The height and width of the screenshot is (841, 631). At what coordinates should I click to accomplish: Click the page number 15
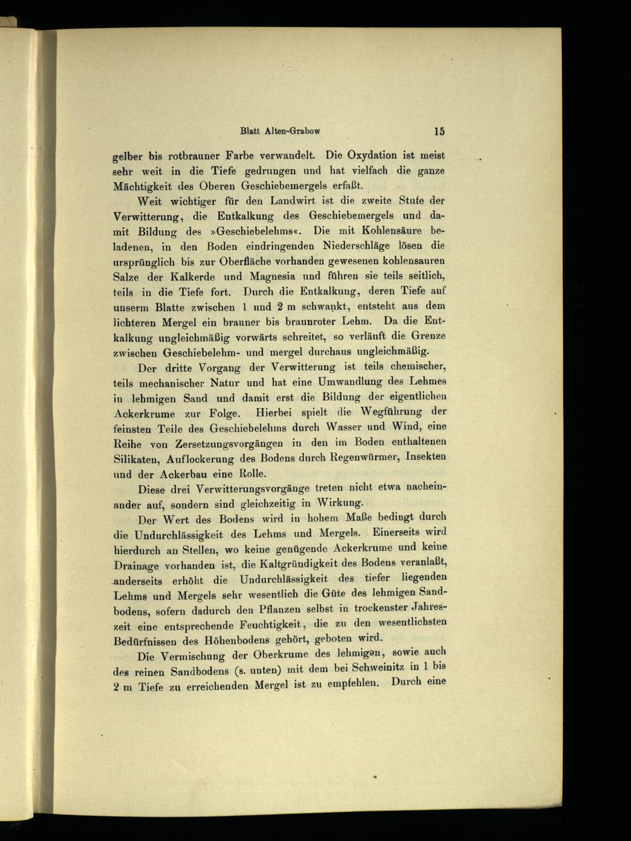tap(439, 131)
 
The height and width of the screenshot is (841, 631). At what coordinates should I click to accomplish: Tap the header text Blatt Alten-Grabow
tap(280, 132)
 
